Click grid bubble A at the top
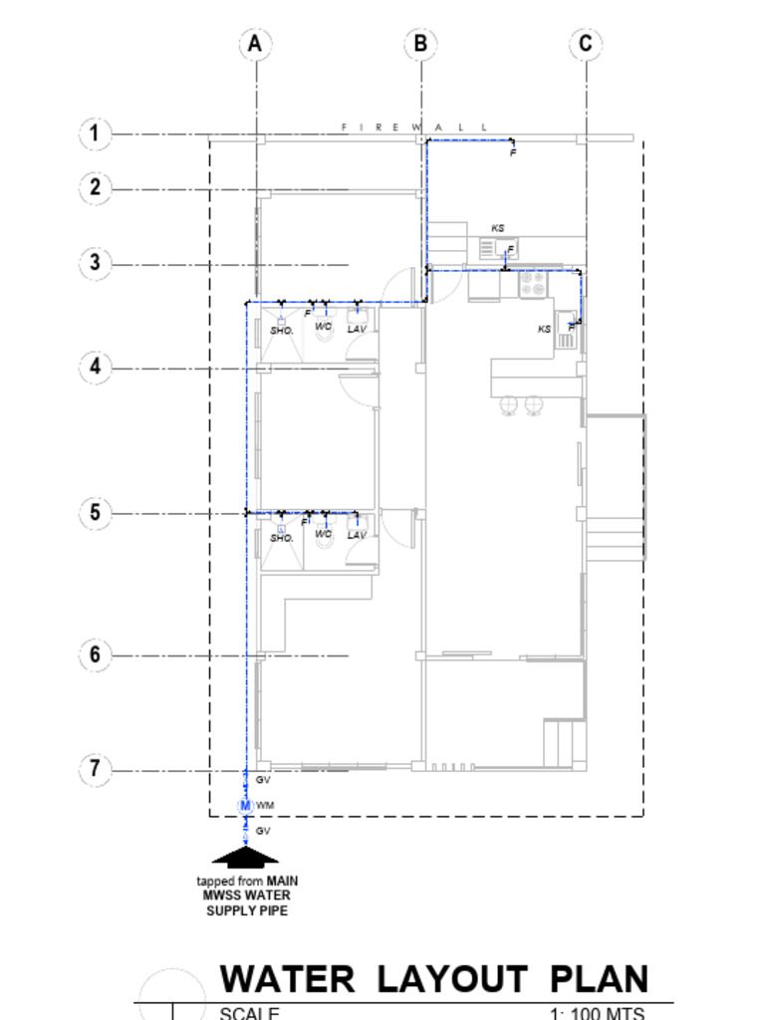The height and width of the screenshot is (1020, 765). [256, 44]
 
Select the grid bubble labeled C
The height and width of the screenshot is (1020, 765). [586, 44]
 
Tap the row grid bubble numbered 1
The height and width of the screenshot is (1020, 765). [95, 133]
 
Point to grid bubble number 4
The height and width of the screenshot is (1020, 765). [95, 367]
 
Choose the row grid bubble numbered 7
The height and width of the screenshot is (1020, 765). [95, 768]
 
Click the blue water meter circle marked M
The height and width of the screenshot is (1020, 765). [245, 805]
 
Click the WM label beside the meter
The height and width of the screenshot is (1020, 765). [265, 805]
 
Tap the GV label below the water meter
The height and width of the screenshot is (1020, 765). [264, 831]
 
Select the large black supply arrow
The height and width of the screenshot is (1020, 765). [245, 856]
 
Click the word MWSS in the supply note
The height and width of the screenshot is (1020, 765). [224, 895]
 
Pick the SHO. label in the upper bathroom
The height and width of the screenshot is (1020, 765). [282, 330]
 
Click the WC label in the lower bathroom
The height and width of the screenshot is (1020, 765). [323, 534]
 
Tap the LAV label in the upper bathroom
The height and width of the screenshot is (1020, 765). [357, 329]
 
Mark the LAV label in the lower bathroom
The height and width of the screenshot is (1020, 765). [357, 536]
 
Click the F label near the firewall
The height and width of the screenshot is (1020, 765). [513, 153]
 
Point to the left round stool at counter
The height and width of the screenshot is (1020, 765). [509, 403]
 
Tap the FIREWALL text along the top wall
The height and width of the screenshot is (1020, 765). [414, 127]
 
